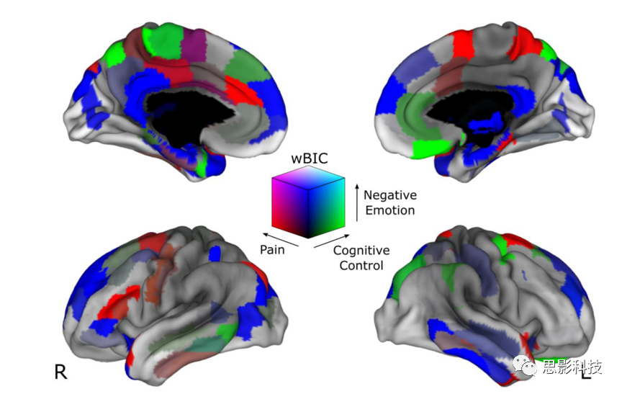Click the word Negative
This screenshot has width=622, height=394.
coord(389,195)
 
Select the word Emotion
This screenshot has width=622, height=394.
coord(389,210)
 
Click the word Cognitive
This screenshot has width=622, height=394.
coord(361,251)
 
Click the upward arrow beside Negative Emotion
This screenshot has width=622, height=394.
coord(356,202)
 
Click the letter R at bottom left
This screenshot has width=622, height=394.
coord(60,372)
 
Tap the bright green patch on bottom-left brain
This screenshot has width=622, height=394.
coord(225,332)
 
